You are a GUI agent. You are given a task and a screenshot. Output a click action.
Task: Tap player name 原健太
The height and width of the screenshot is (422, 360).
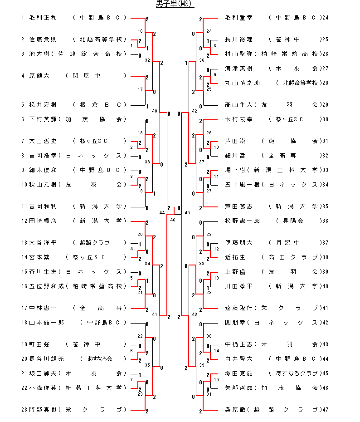pyautogui.click(x=39, y=76)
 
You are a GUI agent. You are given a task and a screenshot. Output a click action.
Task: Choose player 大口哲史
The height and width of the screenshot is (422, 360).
pyautogui.click(x=43, y=141)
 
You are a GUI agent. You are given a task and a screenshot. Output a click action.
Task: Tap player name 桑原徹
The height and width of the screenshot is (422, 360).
pyautogui.click(x=235, y=410)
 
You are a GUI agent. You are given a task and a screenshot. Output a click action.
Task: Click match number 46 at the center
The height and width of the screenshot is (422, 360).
pyautogui.click(x=173, y=220)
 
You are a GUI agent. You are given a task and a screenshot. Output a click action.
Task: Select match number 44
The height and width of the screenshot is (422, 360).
pyautogui.click(x=162, y=212)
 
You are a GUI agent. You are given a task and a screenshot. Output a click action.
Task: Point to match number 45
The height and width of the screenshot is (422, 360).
pyautogui.click(x=187, y=212)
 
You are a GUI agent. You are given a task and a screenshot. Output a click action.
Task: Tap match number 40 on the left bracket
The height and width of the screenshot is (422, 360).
pyautogui.click(x=155, y=111)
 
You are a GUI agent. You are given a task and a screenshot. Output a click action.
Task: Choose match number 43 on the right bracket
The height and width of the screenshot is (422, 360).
pyautogui.click(x=195, y=314)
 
